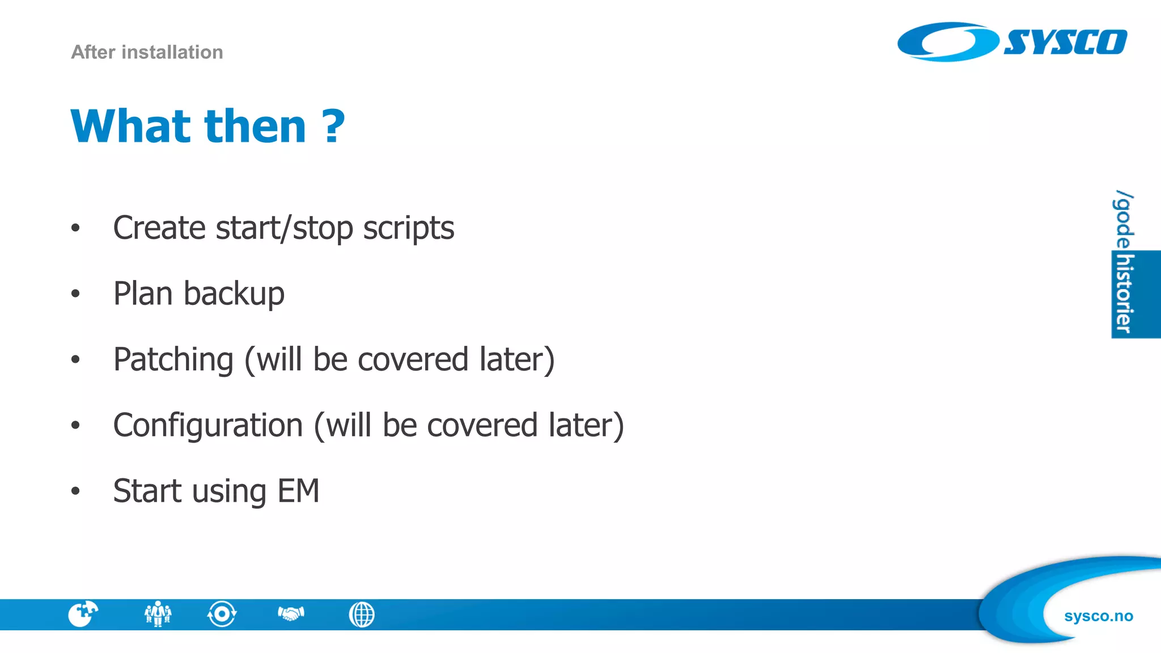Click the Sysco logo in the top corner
click(1012, 42)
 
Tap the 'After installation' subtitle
click(147, 52)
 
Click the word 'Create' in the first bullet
click(159, 228)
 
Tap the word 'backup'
click(234, 294)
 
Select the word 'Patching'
click(173, 359)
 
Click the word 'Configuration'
click(208, 425)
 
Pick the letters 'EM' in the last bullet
click(298, 491)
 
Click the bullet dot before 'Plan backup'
click(75, 294)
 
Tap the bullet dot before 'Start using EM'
click(75, 491)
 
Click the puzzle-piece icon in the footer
click(83, 614)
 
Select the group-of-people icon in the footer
click(158, 614)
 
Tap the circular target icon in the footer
click(222, 614)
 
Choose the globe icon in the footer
click(362, 614)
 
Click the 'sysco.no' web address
click(1098, 616)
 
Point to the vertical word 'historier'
click(1124, 294)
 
